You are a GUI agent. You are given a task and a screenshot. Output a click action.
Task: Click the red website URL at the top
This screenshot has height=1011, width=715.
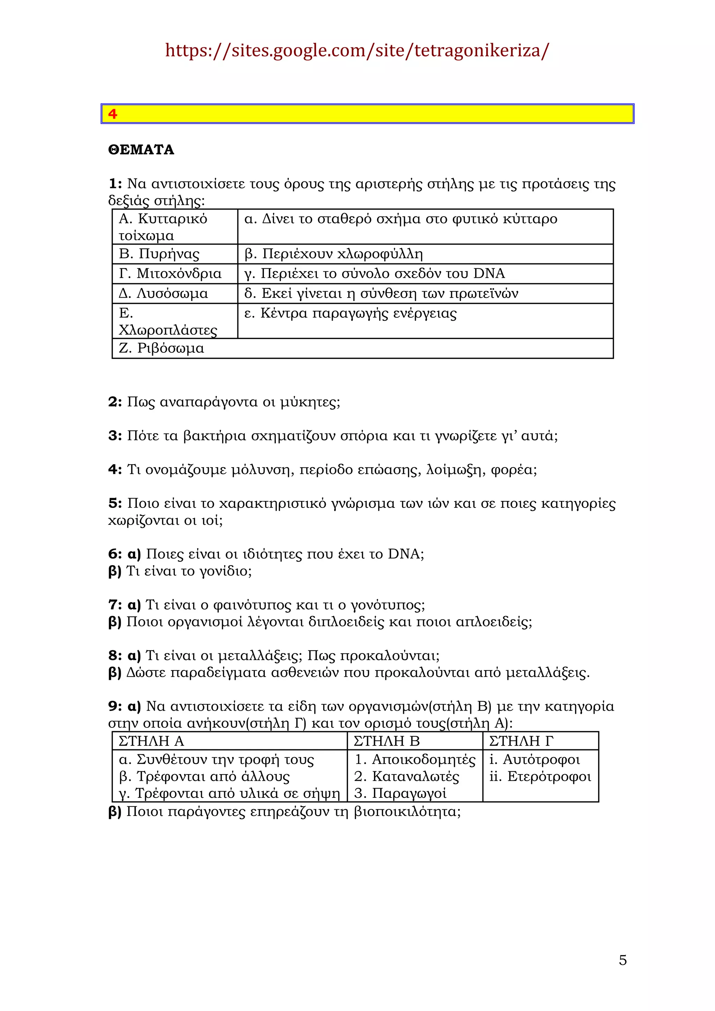pyautogui.click(x=357, y=51)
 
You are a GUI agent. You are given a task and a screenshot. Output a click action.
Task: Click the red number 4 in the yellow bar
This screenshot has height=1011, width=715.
pyautogui.click(x=113, y=114)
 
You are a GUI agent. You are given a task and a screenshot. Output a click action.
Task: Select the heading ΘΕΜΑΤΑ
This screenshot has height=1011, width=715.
pyautogui.click(x=141, y=150)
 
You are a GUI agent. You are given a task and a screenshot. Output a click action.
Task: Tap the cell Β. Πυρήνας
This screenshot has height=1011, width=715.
pyautogui.click(x=159, y=254)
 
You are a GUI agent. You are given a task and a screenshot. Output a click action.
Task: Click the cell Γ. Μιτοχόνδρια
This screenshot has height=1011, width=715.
pyautogui.click(x=170, y=274)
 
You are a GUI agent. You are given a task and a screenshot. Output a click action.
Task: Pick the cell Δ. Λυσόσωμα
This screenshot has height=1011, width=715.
pyautogui.click(x=163, y=293)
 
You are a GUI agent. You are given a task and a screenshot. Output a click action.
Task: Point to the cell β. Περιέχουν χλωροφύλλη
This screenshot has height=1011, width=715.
pyautogui.click(x=333, y=254)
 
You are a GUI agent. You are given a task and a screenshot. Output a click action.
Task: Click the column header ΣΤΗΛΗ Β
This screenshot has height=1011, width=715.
pyautogui.click(x=386, y=741)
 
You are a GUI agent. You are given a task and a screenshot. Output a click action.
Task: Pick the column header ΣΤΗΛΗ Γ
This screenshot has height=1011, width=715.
pyautogui.click(x=521, y=741)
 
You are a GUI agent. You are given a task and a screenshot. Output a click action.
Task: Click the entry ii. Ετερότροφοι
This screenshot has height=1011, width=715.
pyautogui.click(x=540, y=776)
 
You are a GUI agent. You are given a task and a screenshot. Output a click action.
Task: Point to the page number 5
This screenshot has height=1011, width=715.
pyautogui.click(x=622, y=960)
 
